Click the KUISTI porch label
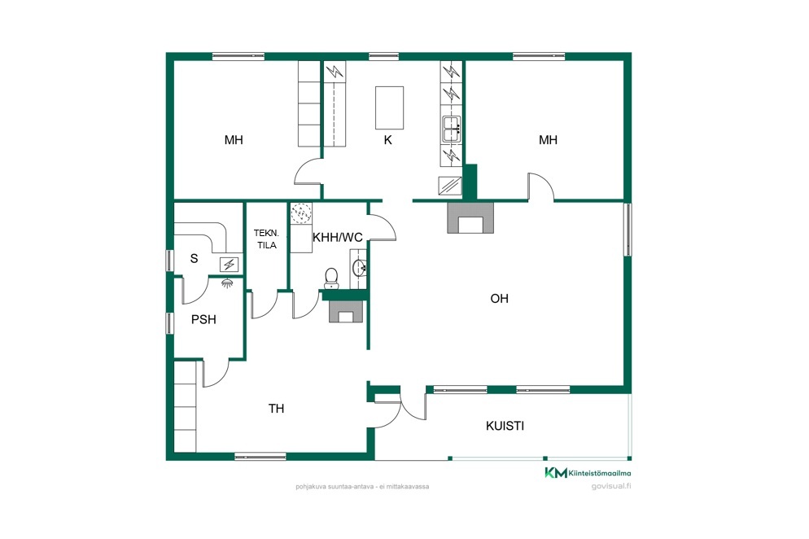click(x=505, y=426)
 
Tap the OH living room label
click(x=499, y=299)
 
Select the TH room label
click(x=276, y=409)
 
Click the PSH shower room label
click(x=203, y=320)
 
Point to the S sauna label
click(x=194, y=258)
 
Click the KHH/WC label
click(x=338, y=238)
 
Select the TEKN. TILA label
click(x=267, y=239)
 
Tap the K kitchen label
click(x=387, y=140)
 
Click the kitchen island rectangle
click(x=389, y=108)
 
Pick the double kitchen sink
click(x=452, y=129)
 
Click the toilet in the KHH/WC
click(x=331, y=278)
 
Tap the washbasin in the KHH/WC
click(x=359, y=267)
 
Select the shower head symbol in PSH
click(x=226, y=283)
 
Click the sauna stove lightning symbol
click(x=229, y=265)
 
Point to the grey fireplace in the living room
click(x=470, y=218)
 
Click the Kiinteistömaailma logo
click(x=588, y=472)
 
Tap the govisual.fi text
click(x=611, y=486)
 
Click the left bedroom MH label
click(x=234, y=140)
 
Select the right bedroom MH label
click(x=548, y=140)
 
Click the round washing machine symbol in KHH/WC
click(x=301, y=213)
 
